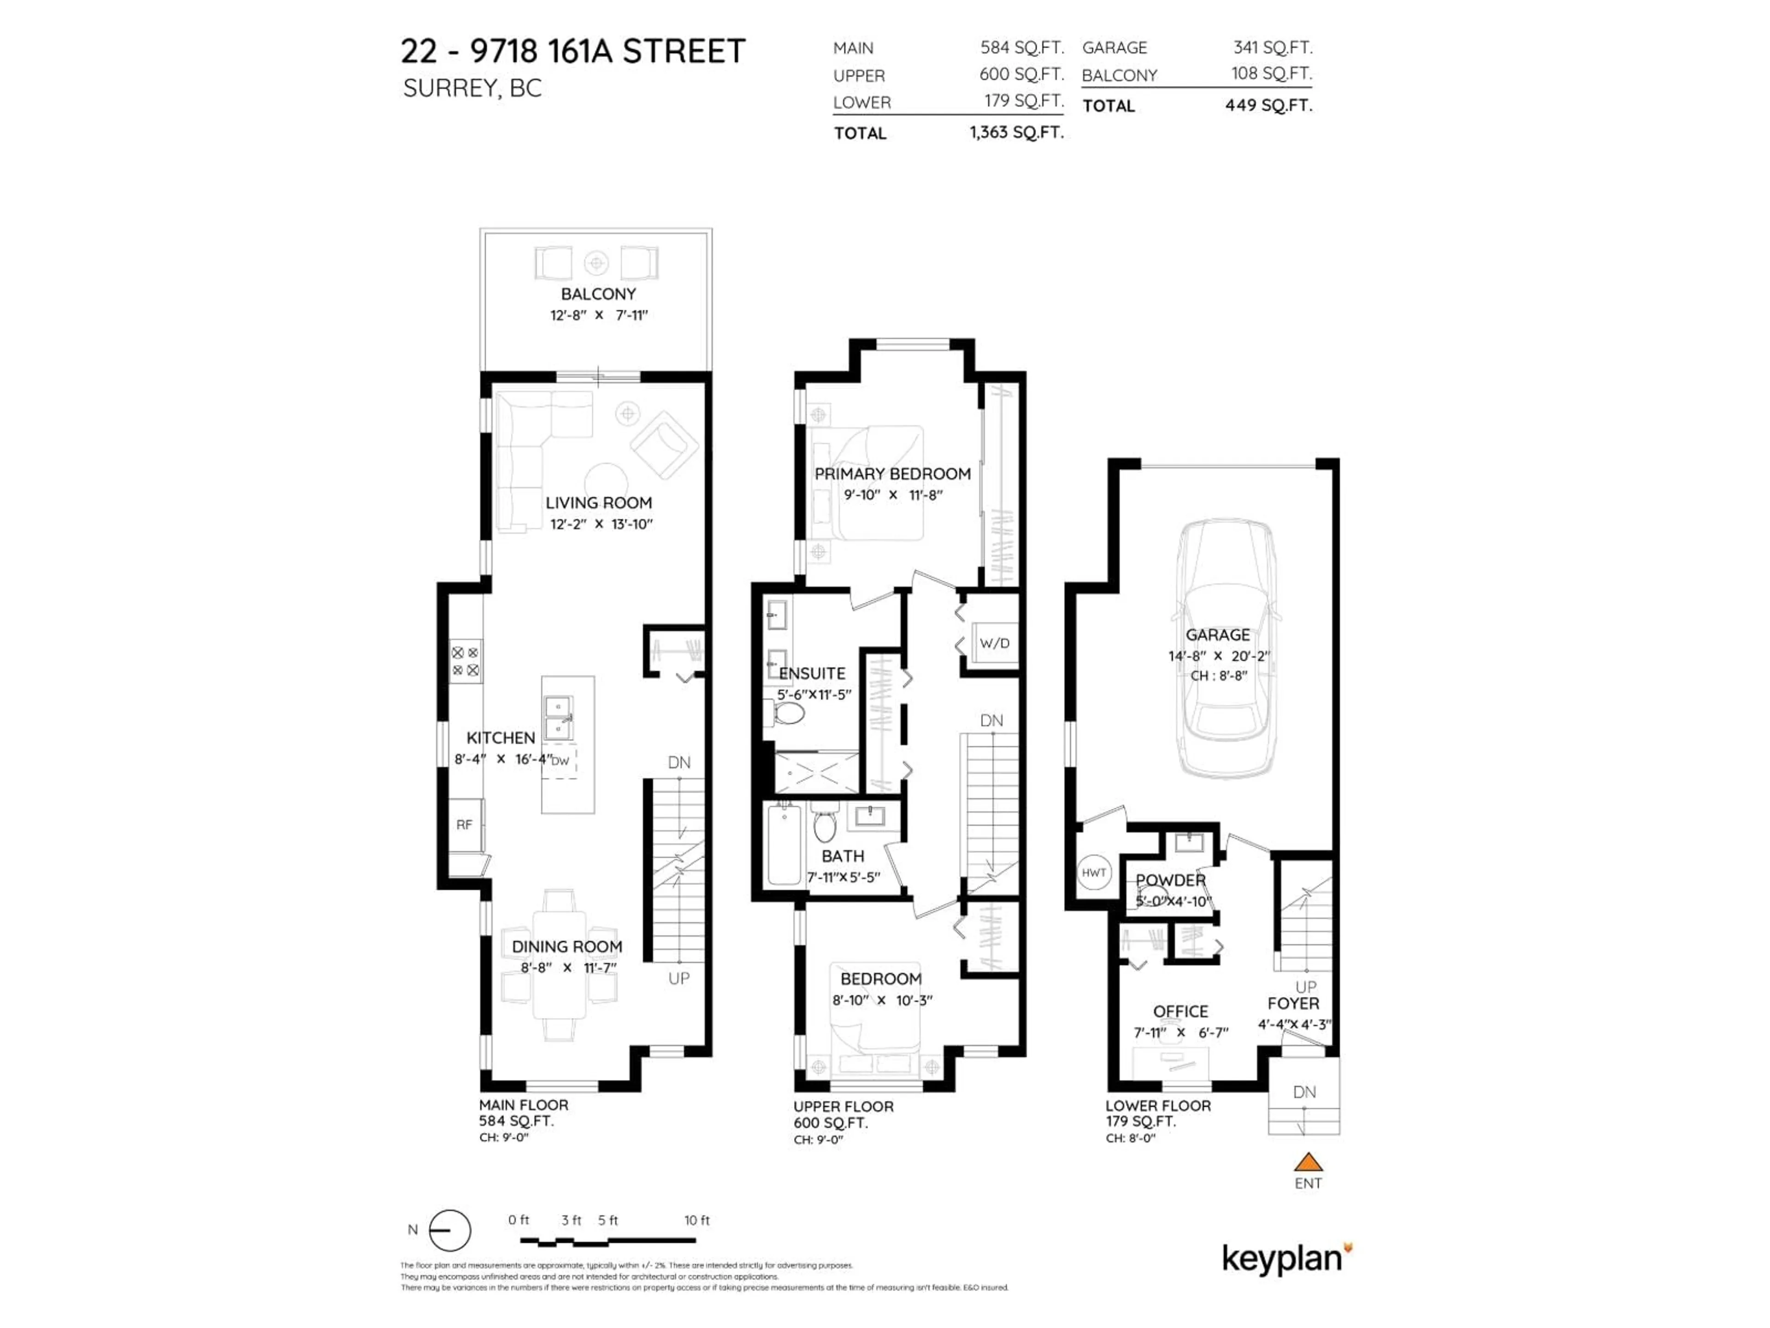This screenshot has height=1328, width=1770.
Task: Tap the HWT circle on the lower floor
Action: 1094,872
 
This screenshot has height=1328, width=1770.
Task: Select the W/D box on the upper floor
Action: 994,643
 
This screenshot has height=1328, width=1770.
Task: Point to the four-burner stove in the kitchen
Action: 465,661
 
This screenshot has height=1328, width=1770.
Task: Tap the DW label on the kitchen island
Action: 560,760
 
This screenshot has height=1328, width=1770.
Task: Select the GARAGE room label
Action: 1217,635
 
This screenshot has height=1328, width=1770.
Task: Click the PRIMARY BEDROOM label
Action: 892,474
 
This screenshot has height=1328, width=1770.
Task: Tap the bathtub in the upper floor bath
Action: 784,845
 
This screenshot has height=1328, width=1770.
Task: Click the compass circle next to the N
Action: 450,1230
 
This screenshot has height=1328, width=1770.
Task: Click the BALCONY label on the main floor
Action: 598,294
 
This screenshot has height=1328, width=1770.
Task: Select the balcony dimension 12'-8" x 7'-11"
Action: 598,315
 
